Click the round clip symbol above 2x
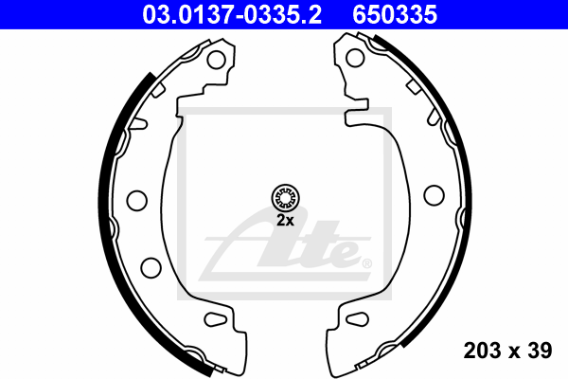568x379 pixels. coord(285,198)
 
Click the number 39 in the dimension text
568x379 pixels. coord(539,352)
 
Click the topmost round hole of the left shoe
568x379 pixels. coord(216,60)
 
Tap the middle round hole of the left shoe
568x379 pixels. coord(137,200)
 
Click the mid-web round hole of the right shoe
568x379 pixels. coord(434,194)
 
